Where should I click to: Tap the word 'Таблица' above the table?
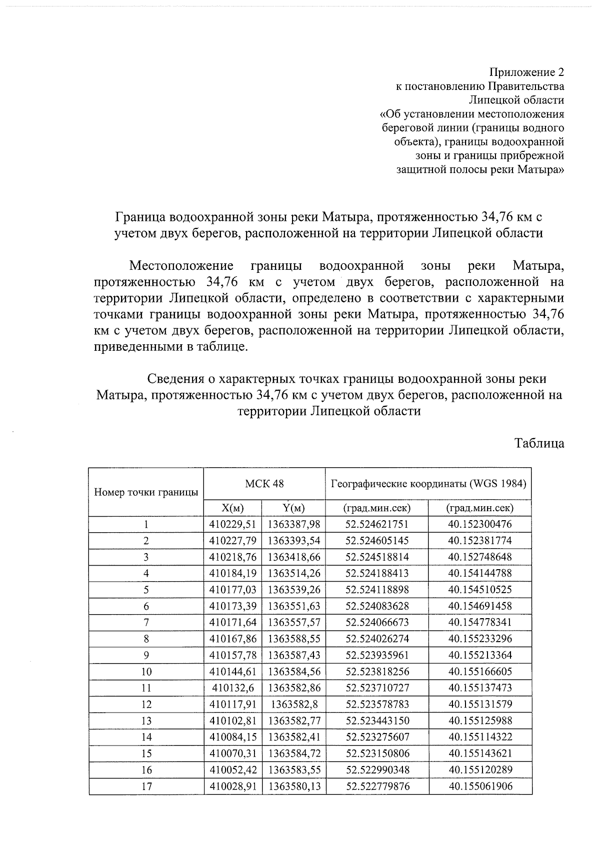[539, 443]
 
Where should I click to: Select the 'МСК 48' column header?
[264, 483]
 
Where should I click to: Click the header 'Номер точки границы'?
[146, 492]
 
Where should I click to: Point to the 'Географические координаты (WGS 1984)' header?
[428, 483]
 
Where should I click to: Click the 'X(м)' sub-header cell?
[232, 508]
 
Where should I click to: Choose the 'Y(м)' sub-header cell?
[293, 508]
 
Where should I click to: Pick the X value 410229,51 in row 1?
[232, 524]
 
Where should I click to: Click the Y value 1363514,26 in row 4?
[293, 573]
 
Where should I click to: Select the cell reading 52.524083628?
[377, 606]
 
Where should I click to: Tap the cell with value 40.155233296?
[480, 638]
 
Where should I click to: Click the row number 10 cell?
[146, 671]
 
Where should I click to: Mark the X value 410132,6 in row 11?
[232, 688]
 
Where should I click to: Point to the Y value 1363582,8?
[293, 704]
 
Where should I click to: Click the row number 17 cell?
[146, 786]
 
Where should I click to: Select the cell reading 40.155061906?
[480, 786]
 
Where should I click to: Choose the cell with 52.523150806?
[377, 753]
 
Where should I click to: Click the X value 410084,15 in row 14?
[232, 737]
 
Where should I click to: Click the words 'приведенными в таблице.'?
[171, 346]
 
